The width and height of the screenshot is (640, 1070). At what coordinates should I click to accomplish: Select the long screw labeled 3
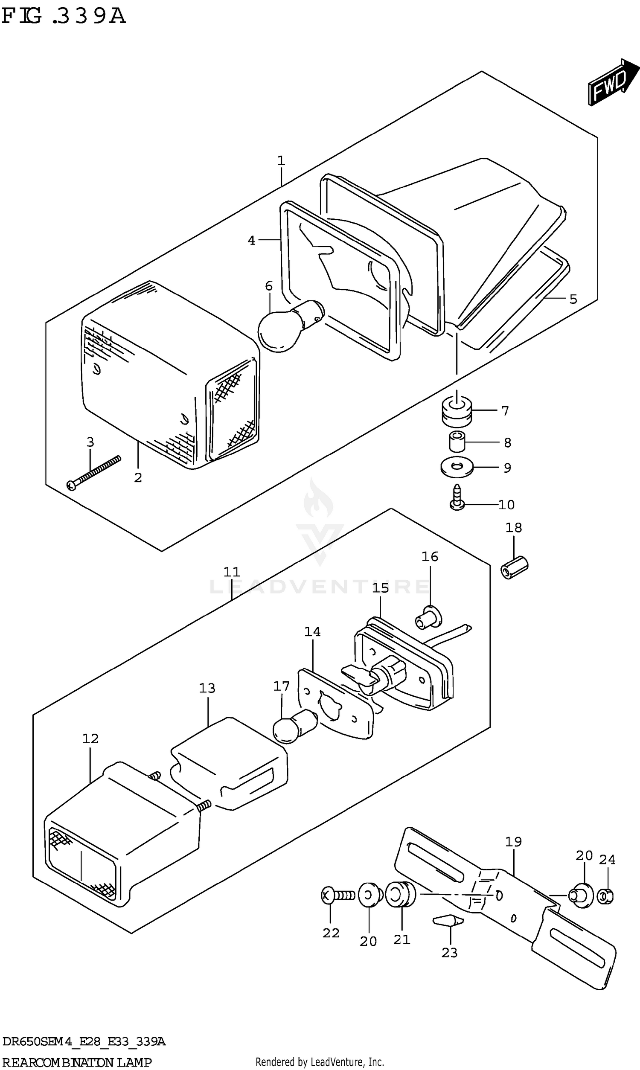[93, 472]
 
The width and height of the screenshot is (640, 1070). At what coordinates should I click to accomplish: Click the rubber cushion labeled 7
[457, 410]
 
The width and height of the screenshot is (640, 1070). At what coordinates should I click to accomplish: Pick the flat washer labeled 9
[457, 466]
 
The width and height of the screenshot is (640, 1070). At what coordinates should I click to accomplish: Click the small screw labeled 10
[457, 497]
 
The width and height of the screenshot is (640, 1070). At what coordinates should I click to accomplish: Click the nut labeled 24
[605, 897]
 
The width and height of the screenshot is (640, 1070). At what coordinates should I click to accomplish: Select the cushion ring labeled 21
[400, 894]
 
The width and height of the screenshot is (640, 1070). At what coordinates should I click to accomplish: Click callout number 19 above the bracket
[513, 841]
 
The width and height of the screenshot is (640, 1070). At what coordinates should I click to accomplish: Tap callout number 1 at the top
[281, 161]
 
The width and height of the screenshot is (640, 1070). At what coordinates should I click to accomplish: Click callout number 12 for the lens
[90, 739]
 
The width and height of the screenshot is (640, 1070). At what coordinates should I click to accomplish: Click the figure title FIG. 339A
[64, 16]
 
